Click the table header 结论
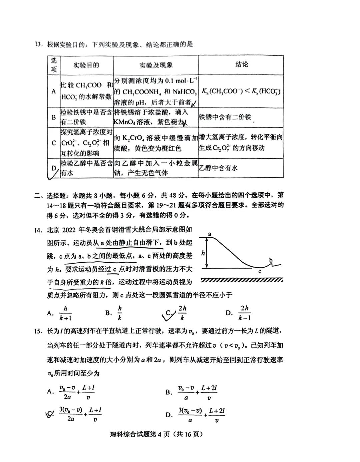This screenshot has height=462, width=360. click(241, 65)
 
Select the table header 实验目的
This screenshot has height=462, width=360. click(86, 65)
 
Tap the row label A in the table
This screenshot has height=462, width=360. click(54, 91)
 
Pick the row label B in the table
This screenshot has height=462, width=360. click(54, 117)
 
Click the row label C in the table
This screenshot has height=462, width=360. click(54, 143)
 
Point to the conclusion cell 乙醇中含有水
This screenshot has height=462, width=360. click(218, 168)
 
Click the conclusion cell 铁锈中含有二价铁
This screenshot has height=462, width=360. click(225, 117)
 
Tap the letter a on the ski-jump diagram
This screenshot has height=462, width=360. click(210, 234)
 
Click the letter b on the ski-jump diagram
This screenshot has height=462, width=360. click(271, 260)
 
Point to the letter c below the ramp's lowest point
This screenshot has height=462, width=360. click(260, 271)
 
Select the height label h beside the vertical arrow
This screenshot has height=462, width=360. click(203, 253)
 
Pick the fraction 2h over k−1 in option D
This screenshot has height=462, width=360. click(245, 313)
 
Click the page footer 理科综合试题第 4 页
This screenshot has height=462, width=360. click(156, 434)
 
